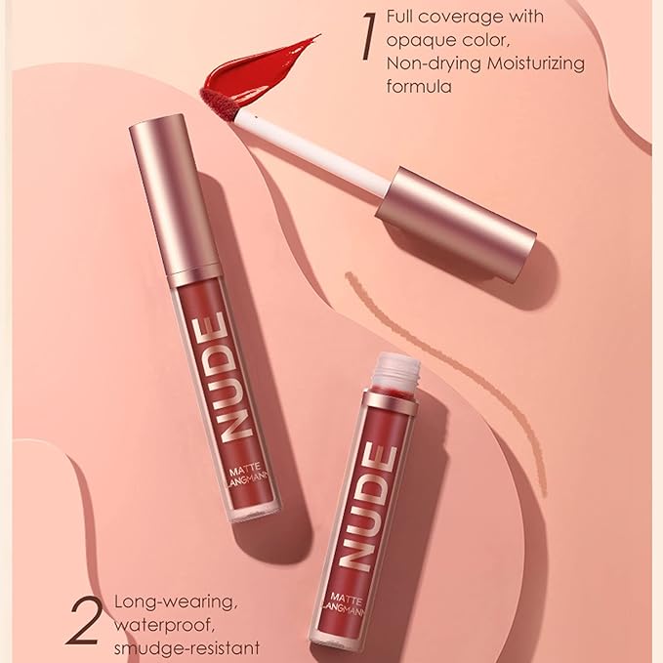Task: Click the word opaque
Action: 416,41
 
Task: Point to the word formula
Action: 419,87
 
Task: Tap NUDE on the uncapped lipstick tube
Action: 361,507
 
